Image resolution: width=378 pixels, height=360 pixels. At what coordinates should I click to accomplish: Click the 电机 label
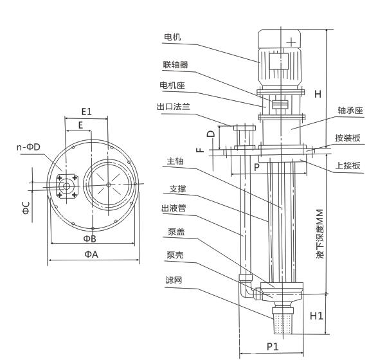click(172, 37)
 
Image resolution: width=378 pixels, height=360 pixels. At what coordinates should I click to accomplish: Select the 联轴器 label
click(175, 65)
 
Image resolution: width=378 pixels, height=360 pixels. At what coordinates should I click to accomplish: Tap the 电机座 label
click(172, 85)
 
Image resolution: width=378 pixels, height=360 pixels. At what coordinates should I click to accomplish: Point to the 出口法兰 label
click(174, 107)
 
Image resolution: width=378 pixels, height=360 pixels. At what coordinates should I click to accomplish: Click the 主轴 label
click(175, 161)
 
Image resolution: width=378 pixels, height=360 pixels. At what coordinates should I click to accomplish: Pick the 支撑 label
click(177, 188)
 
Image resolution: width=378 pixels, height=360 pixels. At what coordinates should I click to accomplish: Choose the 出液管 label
click(174, 208)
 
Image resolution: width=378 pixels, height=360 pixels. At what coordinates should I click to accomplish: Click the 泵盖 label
click(176, 231)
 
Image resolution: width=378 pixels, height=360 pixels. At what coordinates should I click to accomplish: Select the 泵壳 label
click(175, 255)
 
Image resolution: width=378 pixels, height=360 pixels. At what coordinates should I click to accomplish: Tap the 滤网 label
click(174, 280)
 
